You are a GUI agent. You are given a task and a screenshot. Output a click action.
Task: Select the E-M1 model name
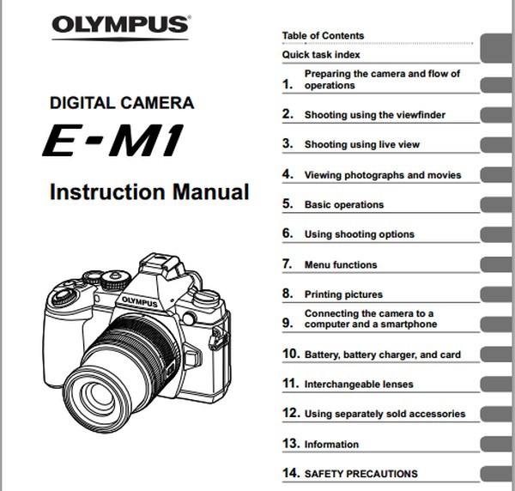(x=112, y=140)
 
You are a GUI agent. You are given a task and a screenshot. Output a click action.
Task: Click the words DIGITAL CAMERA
(x=122, y=103)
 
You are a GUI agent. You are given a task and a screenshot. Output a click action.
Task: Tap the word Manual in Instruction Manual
(x=211, y=191)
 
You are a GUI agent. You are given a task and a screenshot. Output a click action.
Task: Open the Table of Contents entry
(x=324, y=35)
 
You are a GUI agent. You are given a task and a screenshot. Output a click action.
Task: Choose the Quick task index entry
(x=321, y=55)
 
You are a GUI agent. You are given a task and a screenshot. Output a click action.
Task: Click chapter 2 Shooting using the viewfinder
(x=375, y=115)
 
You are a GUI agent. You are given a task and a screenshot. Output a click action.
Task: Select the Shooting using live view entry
(x=362, y=144)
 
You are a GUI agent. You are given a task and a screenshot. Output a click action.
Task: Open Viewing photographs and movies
(x=383, y=175)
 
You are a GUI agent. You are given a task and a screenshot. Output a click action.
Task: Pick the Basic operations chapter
(x=344, y=204)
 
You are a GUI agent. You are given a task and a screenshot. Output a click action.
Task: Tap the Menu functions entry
(x=341, y=264)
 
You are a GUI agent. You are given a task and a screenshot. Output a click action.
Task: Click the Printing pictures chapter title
(x=343, y=294)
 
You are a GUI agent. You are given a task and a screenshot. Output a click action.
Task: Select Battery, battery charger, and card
(x=383, y=355)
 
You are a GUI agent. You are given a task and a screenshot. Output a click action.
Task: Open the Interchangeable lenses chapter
(x=359, y=385)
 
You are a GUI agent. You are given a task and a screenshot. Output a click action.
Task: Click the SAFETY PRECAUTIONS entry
(x=361, y=474)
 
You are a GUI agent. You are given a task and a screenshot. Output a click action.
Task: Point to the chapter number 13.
(x=291, y=444)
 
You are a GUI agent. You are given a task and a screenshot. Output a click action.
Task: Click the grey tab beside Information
(x=497, y=444)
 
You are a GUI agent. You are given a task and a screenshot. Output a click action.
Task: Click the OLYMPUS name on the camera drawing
(x=139, y=302)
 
